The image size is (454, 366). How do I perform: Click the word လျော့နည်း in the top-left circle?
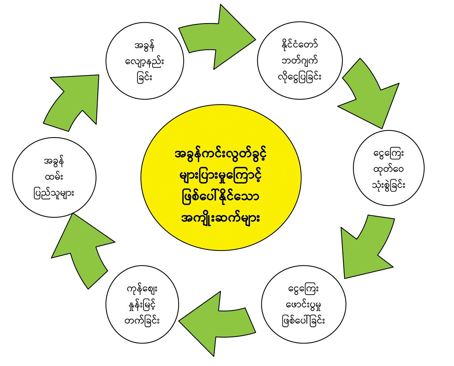pos(144,61)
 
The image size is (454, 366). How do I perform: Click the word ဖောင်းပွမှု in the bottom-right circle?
pos(304,305)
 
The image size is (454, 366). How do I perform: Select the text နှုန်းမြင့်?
pos(144,305)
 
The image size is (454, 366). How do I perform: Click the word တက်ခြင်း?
pos(144,320)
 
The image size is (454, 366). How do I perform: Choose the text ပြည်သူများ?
pos(54,193)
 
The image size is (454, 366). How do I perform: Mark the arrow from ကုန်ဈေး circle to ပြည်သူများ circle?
pos(84,249)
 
